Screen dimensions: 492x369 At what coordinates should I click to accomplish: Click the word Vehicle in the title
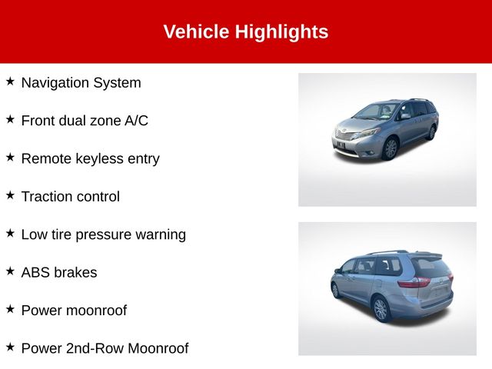[196, 32]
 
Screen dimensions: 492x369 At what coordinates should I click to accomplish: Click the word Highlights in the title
[281, 32]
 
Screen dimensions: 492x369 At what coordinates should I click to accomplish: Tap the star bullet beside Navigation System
[10, 81]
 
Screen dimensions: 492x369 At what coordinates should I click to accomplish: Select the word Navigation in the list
[55, 83]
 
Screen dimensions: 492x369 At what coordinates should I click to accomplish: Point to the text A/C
[136, 121]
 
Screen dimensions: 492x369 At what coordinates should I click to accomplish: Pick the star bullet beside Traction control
[10, 194]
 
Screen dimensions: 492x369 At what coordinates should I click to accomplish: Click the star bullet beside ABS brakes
[10, 271]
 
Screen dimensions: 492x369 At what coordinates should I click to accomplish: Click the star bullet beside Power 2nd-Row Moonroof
[10, 347]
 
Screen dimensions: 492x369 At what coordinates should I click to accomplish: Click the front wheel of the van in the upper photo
[391, 148]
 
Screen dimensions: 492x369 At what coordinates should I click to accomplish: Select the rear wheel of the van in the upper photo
[431, 132]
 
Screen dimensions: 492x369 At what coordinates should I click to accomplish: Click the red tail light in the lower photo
[414, 282]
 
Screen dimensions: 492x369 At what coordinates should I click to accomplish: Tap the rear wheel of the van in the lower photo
[381, 309]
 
